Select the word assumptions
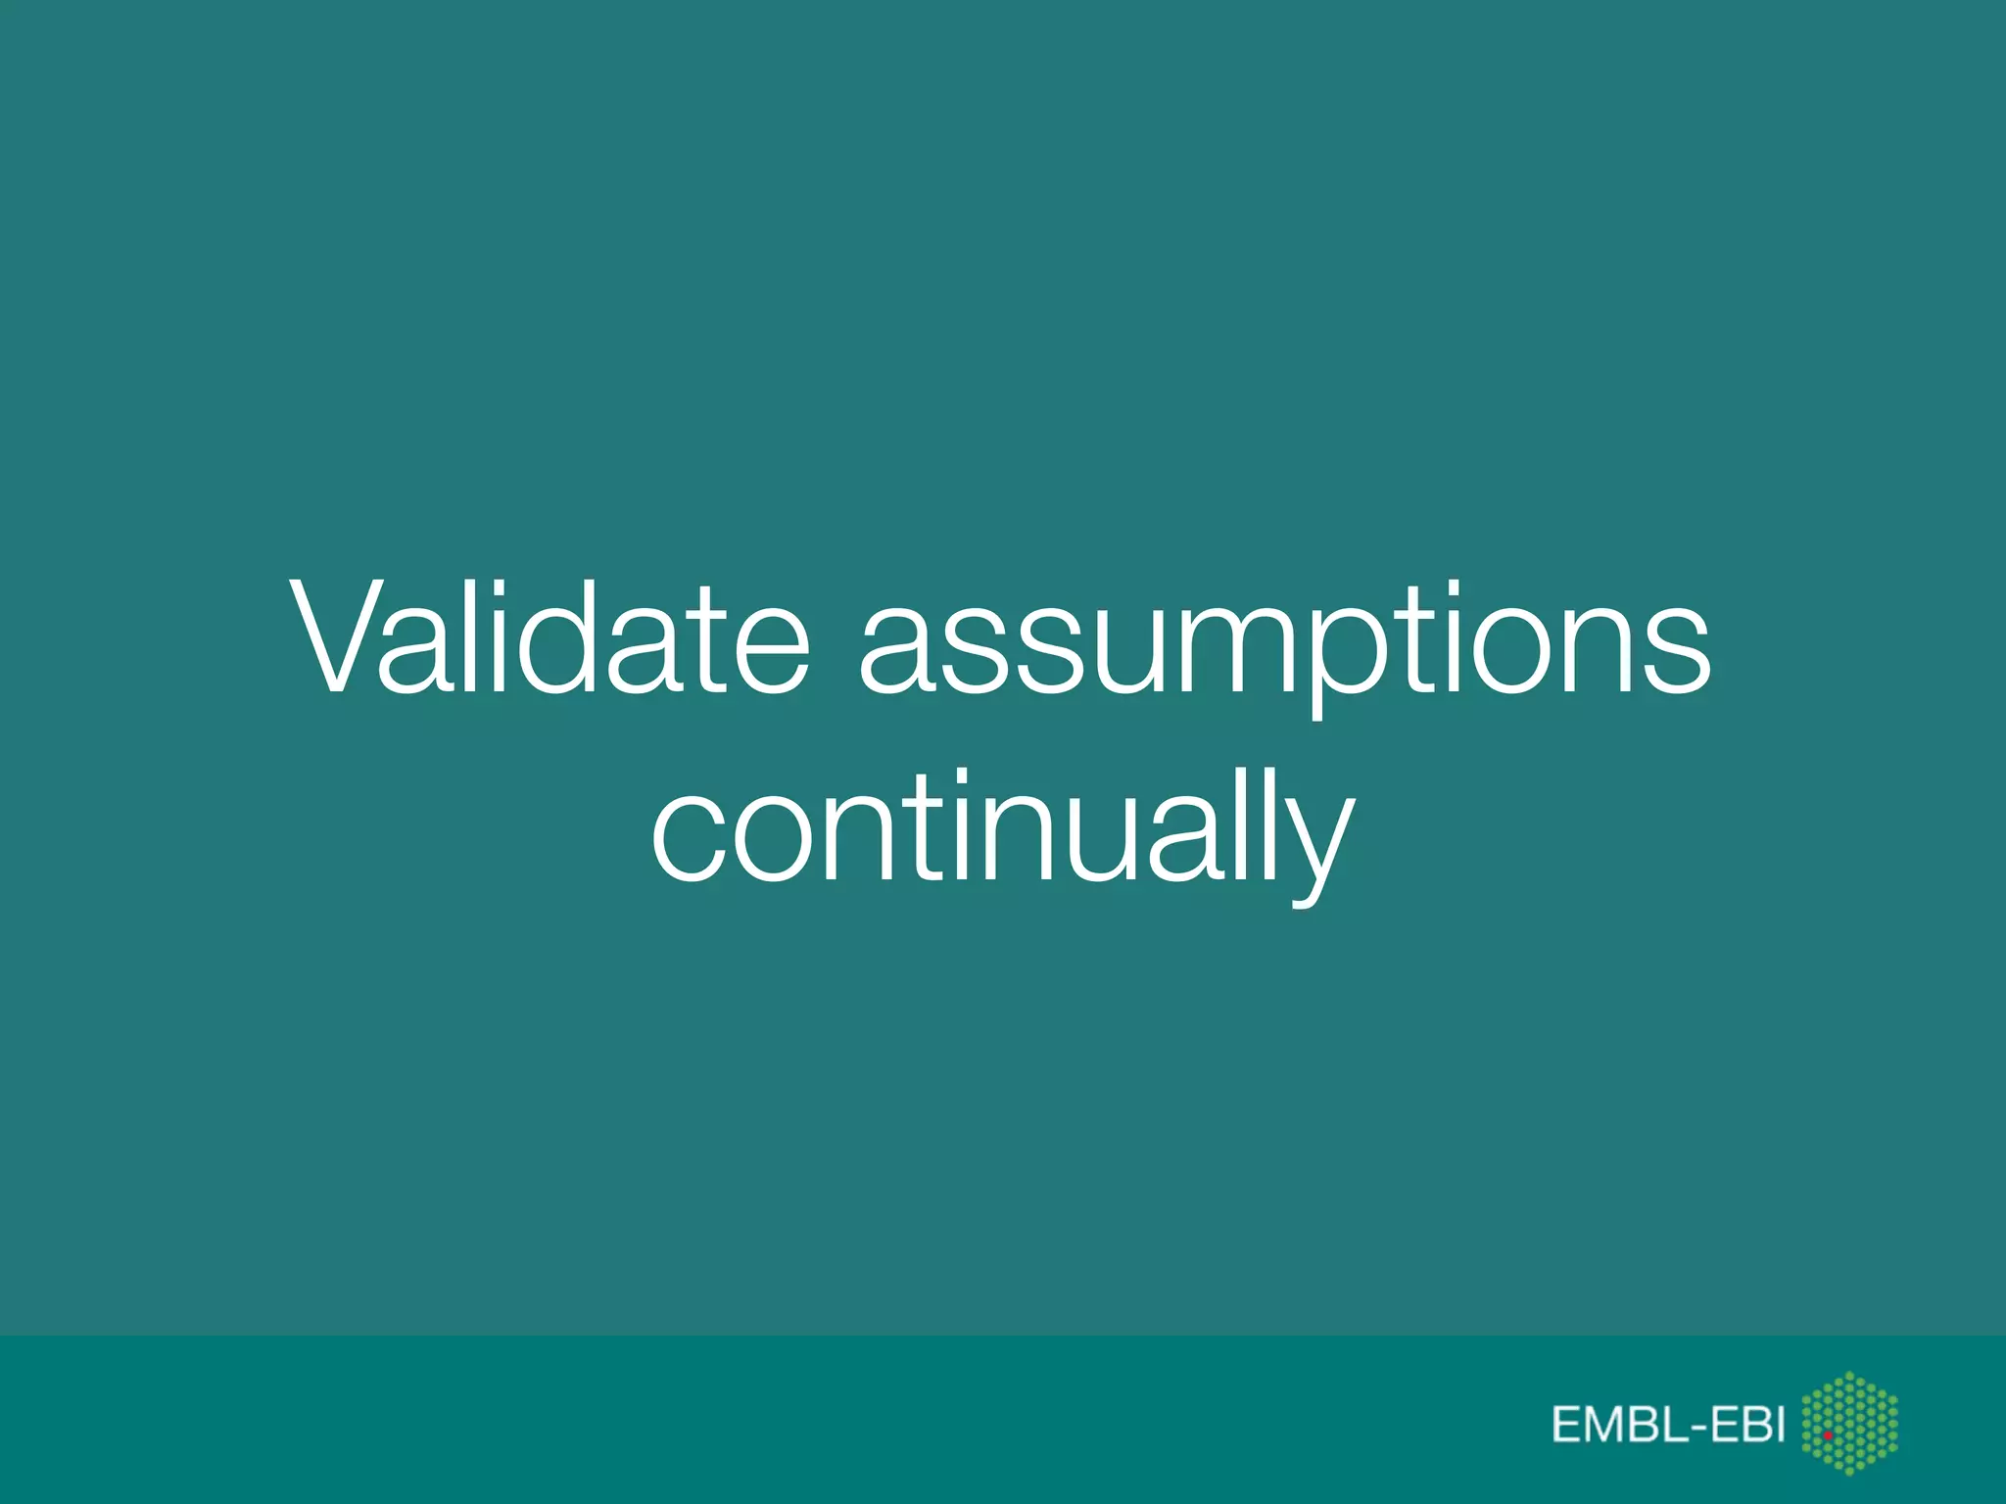pos(1285,647)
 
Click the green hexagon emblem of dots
pos(1849,1422)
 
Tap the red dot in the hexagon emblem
pos(1828,1434)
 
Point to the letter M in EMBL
pos(1603,1425)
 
